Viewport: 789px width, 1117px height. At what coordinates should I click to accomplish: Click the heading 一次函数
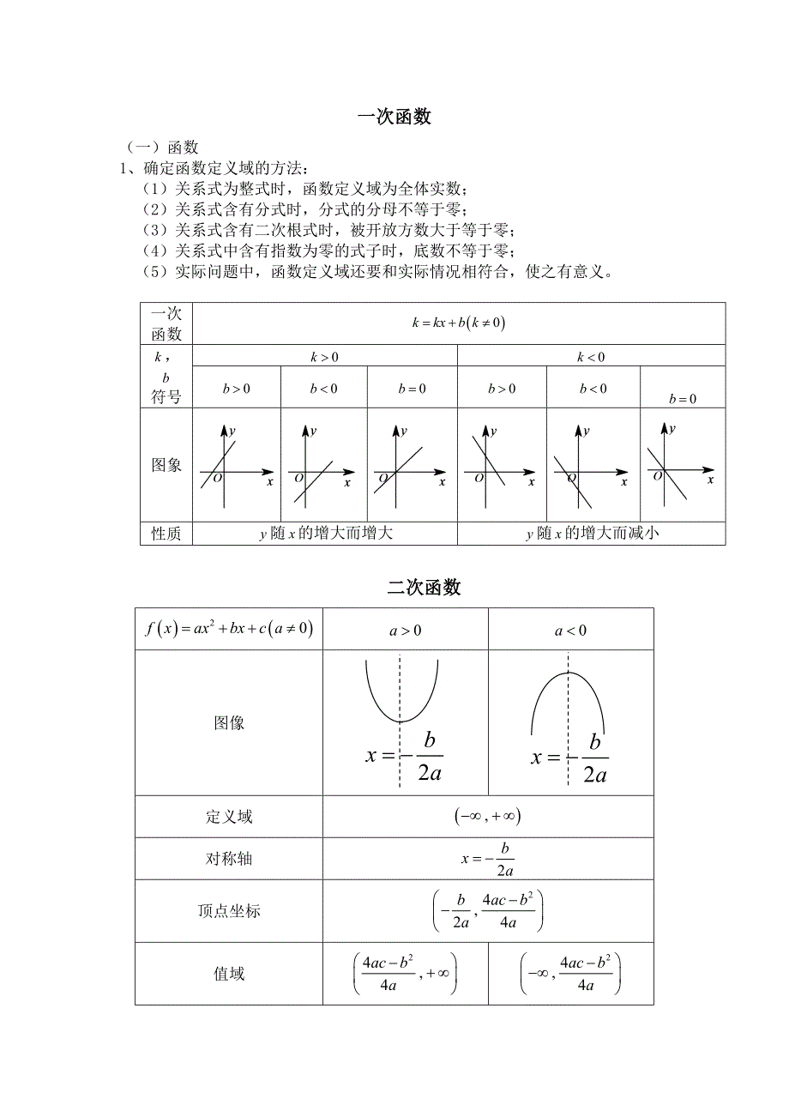[x=394, y=118]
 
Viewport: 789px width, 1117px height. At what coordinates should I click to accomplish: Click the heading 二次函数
[x=424, y=588]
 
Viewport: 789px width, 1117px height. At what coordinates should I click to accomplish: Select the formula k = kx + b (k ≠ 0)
[x=459, y=323]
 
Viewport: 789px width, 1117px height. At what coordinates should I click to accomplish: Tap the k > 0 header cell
[x=324, y=357]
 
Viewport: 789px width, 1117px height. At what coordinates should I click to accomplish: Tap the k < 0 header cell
[x=591, y=357]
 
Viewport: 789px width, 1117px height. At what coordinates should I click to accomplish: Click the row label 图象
[x=166, y=465]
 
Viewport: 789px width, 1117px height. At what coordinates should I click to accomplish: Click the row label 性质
[x=166, y=534]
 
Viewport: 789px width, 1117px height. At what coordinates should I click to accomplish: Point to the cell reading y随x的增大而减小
[x=592, y=534]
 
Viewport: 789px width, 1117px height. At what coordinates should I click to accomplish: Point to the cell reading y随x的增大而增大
[x=325, y=534]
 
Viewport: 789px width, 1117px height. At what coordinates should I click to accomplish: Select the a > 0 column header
[x=406, y=631]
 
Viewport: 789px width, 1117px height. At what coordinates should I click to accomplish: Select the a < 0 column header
[x=570, y=631]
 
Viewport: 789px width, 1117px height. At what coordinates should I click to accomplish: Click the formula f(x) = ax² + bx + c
[x=229, y=629]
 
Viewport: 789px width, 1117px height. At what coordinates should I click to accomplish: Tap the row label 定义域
[x=229, y=817]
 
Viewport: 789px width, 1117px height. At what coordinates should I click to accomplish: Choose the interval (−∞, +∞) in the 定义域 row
[x=488, y=817]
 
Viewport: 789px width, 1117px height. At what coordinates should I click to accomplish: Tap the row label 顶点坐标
[x=229, y=911]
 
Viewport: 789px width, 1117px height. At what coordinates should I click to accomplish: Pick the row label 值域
[x=229, y=974]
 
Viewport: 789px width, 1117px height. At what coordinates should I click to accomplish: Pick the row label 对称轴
[x=229, y=859]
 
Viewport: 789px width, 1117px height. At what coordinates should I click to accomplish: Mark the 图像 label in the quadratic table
[x=229, y=722]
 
